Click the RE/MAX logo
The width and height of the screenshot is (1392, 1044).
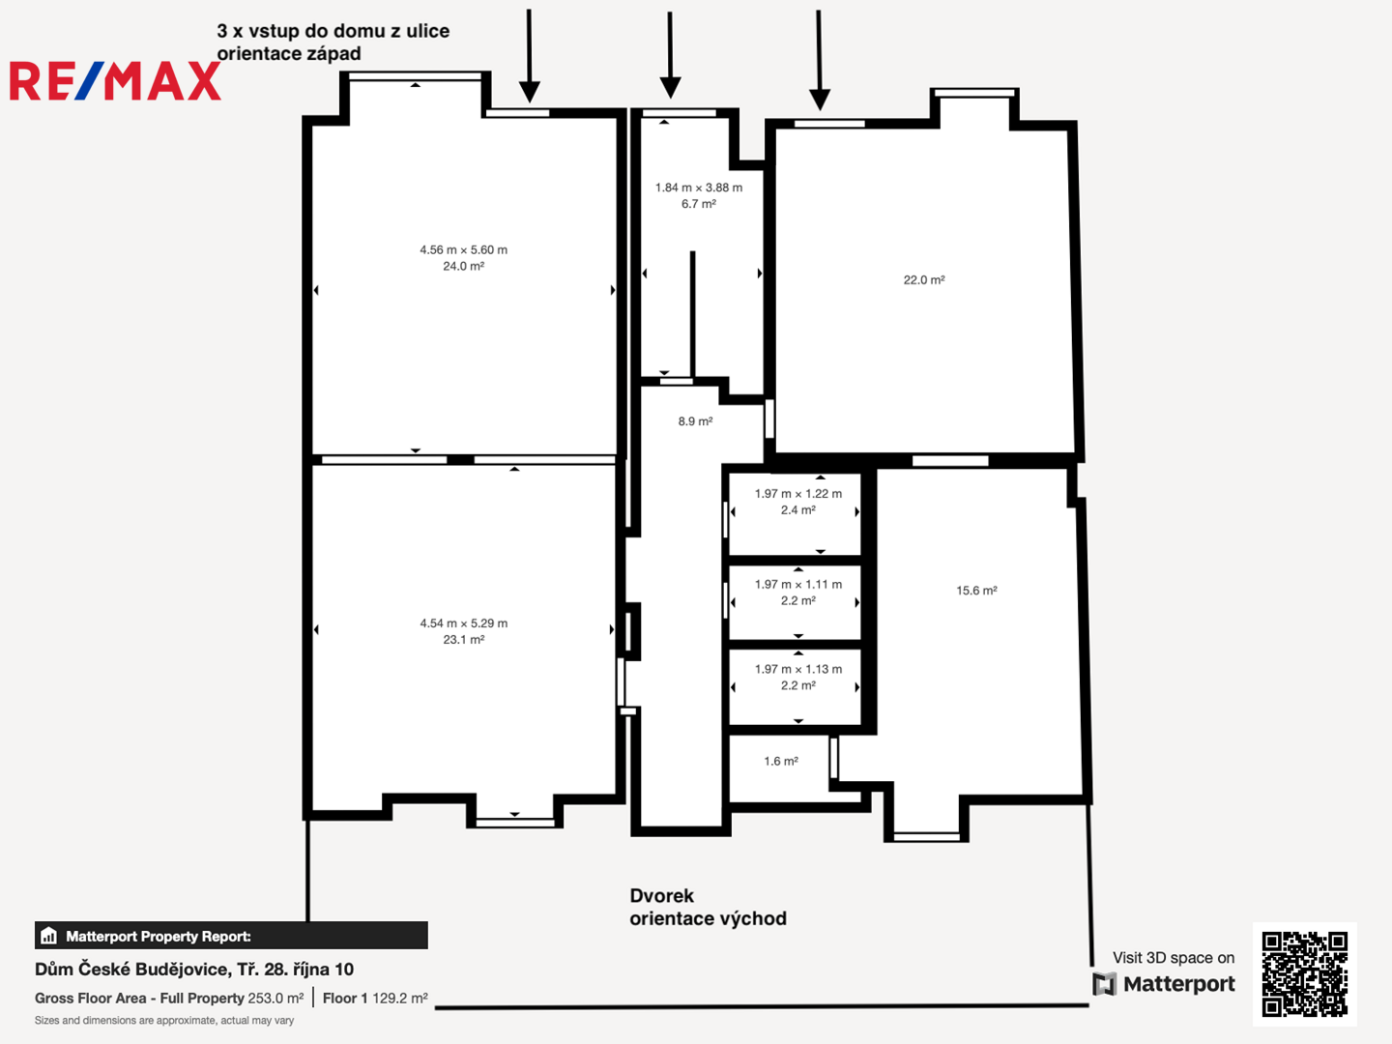tap(115, 81)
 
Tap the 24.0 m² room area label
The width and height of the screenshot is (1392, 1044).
tap(464, 266)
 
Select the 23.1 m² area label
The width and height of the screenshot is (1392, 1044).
tap(464, 640)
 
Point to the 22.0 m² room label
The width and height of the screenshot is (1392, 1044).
tap(924, 279)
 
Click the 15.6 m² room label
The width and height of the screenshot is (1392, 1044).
tap(976, 590)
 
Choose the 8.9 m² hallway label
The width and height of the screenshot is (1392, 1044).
tap(695, 420)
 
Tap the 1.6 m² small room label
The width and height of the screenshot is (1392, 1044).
tap(781, 761)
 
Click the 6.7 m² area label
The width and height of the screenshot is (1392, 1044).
tap(698, 203)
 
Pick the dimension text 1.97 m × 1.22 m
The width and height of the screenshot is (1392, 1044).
tap(797, 493)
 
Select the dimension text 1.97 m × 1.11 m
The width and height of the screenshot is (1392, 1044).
tap(797, 584)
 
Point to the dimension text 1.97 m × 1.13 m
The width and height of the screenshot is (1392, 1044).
tap(797, 669)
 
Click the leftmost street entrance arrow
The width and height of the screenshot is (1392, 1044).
tap(529, 56)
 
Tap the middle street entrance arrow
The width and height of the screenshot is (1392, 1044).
tap(670, 55)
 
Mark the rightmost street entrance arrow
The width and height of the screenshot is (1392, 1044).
tap(820, 60)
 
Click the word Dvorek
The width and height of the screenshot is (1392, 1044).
tap(661, 896)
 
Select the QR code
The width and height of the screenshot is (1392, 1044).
tap(1304, 973)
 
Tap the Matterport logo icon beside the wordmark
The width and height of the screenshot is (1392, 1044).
tap(1104, 984)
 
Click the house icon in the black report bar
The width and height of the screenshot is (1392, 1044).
tap(49, 936)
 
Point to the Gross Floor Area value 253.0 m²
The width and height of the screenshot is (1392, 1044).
tap(275, 998)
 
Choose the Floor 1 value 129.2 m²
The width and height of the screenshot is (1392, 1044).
tap(400, 998)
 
